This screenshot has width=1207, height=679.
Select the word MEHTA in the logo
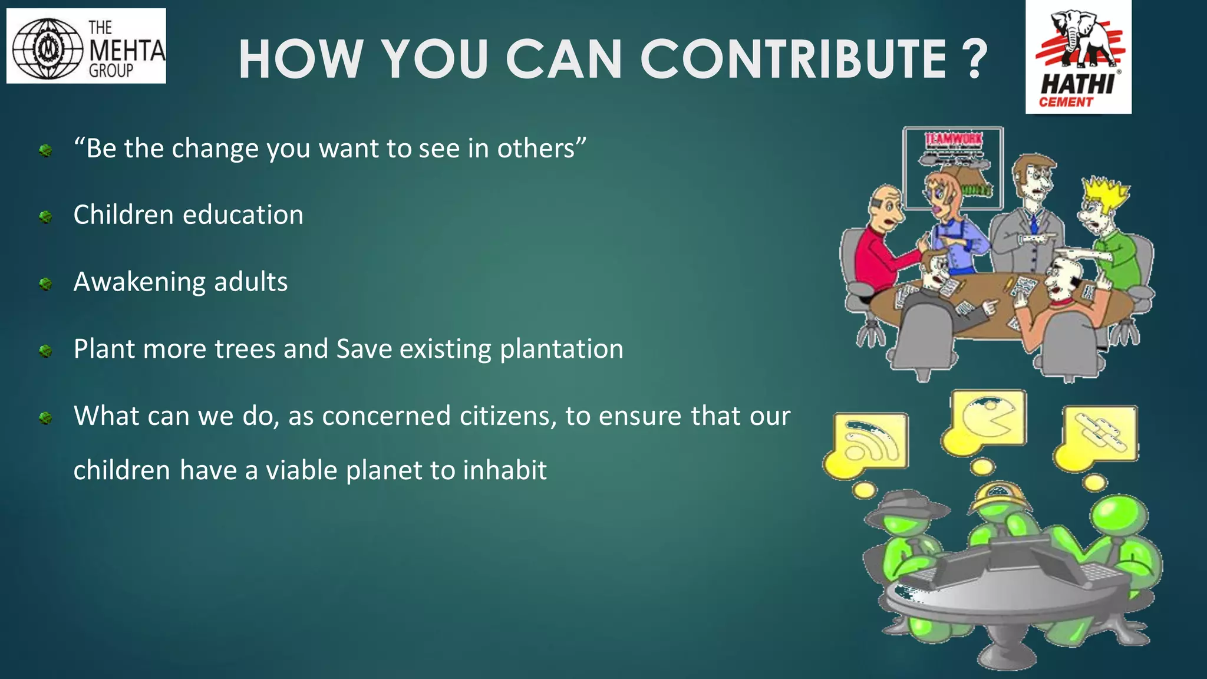[x=127, y=51]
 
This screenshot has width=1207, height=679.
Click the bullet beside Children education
[x=45, y=217]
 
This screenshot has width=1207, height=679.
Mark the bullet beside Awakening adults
[x=45, y=285]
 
